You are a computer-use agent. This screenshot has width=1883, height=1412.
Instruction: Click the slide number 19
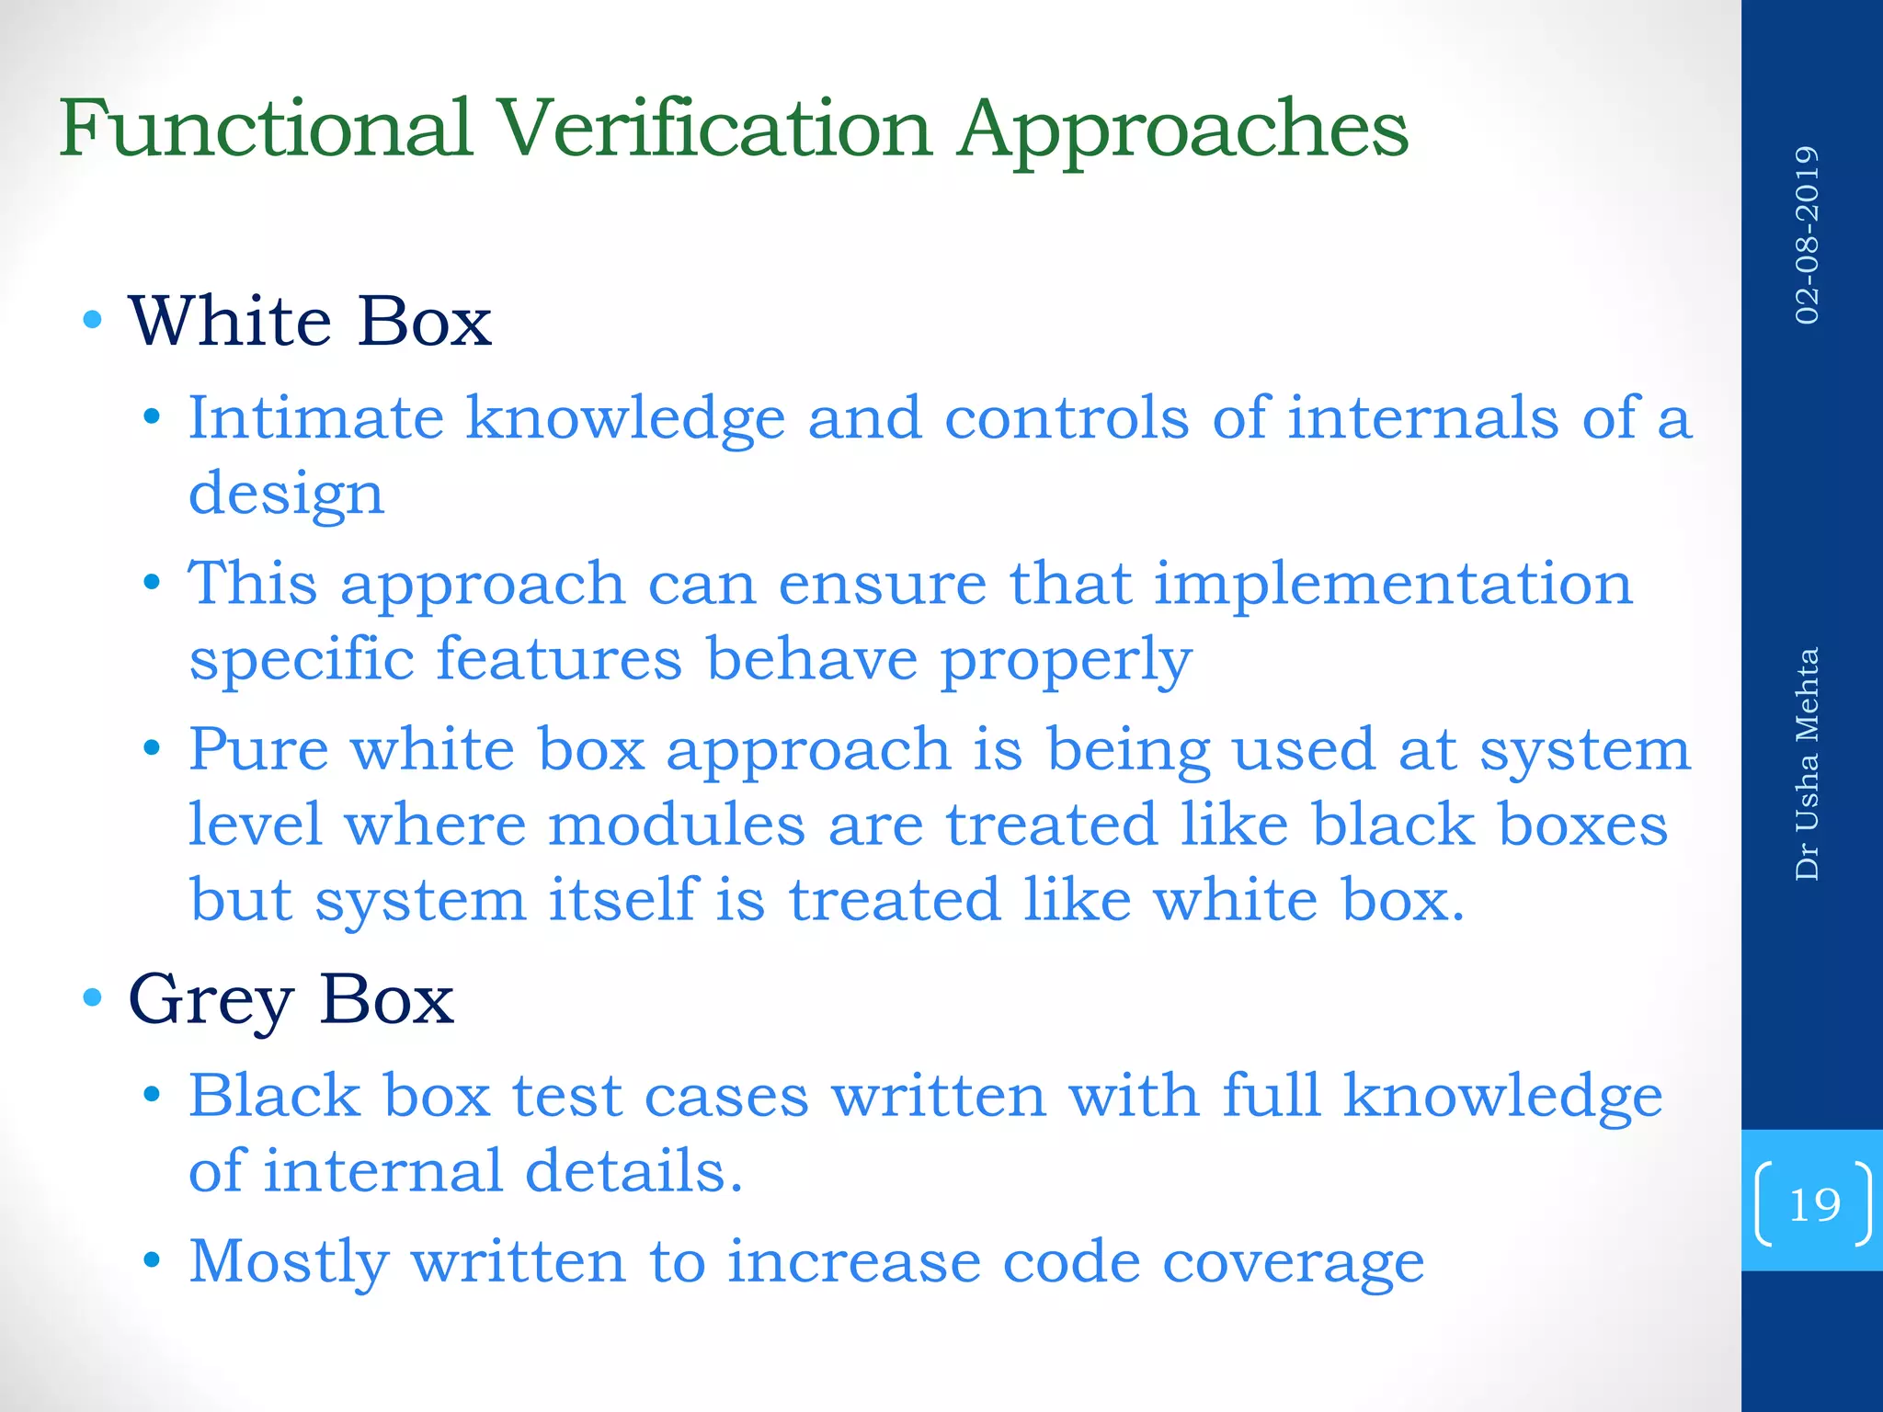click(1814, 1204)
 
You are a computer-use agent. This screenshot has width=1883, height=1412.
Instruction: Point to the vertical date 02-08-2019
click(1807, 234)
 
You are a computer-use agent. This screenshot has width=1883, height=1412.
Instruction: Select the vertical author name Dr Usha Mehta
click(1807, 764)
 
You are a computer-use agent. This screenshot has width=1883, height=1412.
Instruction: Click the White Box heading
click(310, 322)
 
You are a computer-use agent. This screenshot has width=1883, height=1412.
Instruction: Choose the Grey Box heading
click(291, 1000)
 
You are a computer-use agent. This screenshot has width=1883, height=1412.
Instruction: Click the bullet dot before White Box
click(91, 321)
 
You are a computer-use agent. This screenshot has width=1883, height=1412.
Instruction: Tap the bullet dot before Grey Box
click(91, 998)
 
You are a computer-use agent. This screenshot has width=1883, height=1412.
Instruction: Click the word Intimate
click(315, 418)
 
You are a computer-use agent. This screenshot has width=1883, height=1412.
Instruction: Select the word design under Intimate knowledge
click(286, 495)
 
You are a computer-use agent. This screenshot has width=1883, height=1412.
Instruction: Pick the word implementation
click(1393, 585)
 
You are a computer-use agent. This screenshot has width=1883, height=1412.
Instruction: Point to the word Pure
click(258, 749)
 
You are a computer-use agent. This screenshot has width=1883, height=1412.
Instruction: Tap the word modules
click(676, 825)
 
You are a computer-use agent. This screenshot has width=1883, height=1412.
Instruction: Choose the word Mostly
click(289, 1262)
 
